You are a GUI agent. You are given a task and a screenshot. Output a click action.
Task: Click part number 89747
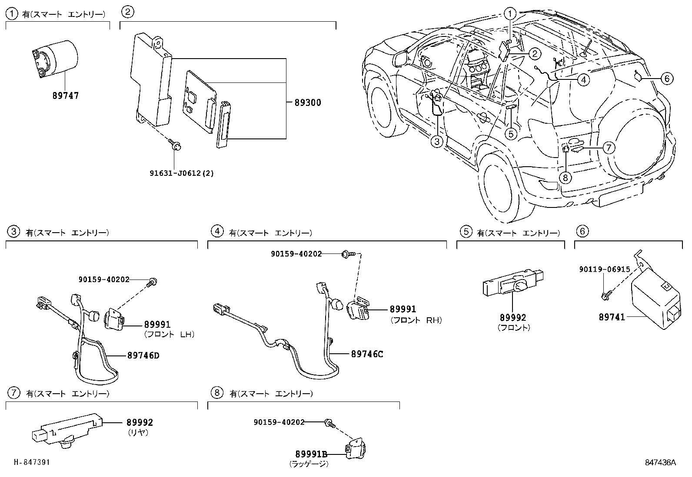click(66, 95)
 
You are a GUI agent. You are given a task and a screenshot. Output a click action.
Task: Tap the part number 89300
click(308, 103)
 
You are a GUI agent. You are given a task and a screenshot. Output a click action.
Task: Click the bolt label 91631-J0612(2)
click(182, 173)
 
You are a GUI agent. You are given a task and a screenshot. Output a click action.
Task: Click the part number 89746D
click(143, 355)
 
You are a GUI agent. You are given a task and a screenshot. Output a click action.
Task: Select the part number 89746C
click(367, 354)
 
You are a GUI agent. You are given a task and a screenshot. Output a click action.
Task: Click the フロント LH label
click(169, 334)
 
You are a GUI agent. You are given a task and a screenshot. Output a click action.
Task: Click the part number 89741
click(612, 317)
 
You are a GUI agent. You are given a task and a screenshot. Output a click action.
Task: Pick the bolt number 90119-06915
click(604, 269)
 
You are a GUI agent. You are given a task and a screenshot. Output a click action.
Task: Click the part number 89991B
click(311, 454)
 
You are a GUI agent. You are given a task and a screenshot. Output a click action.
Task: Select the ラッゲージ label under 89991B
click(309, 464)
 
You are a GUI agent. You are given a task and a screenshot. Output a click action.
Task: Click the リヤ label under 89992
click(138, 432)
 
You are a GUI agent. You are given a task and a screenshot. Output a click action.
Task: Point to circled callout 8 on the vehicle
click(565, 177)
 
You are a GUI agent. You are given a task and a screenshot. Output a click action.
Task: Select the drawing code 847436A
click(660, 463)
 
